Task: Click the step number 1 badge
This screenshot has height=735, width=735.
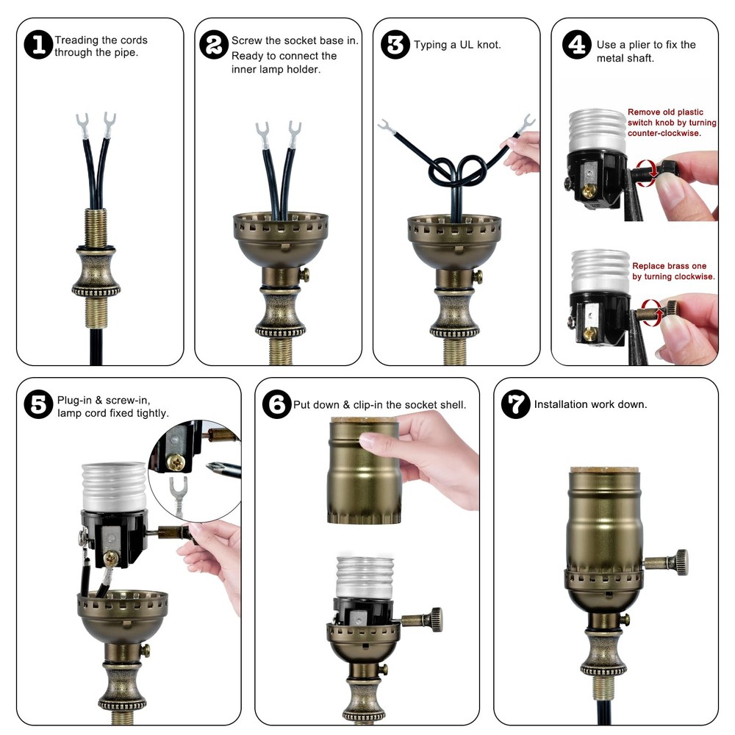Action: [x=38, y=45]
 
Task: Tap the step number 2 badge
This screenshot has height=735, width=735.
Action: [x=214, y=45]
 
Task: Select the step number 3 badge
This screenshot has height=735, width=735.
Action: [x=395, y=45]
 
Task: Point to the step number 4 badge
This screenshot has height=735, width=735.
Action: [x=576, y=45]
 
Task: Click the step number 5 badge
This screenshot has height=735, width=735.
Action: [x=38, y=404]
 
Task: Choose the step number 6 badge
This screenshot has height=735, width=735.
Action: [x=277, y=404]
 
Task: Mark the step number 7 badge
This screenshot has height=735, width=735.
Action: [x=515, y=404]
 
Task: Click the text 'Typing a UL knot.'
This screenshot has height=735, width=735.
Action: [x=456, y=45]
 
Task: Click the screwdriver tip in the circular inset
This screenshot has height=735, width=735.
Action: [x=209, y=465]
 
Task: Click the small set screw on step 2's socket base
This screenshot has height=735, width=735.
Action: [x=304, y=275]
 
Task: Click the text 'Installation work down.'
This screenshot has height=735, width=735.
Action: [x=590, y=404]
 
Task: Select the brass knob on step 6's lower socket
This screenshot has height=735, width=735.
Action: [x=425, y=619]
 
